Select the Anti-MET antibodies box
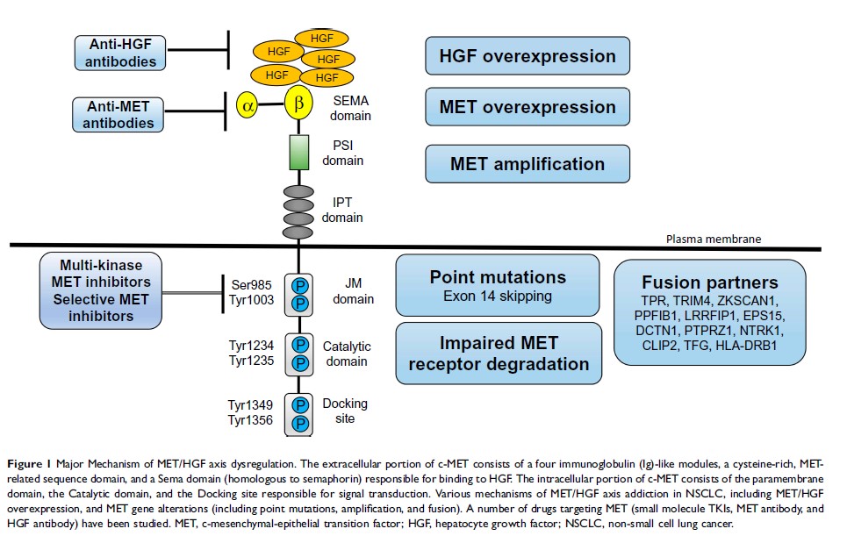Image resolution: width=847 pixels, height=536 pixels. [x=118, y=114]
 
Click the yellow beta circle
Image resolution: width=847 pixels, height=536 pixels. [x=298, y=104]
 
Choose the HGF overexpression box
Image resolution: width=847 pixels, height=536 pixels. [x=528, y=56]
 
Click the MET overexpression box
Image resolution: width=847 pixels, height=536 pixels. [x=528, y=107]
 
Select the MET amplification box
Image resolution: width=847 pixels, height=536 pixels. [x=528, y=164]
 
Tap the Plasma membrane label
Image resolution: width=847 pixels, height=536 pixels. [x=712, y=238]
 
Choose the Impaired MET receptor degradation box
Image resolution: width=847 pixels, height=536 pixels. [x=499, y=354]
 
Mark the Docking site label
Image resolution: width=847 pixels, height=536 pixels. [x=345, y=411]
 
